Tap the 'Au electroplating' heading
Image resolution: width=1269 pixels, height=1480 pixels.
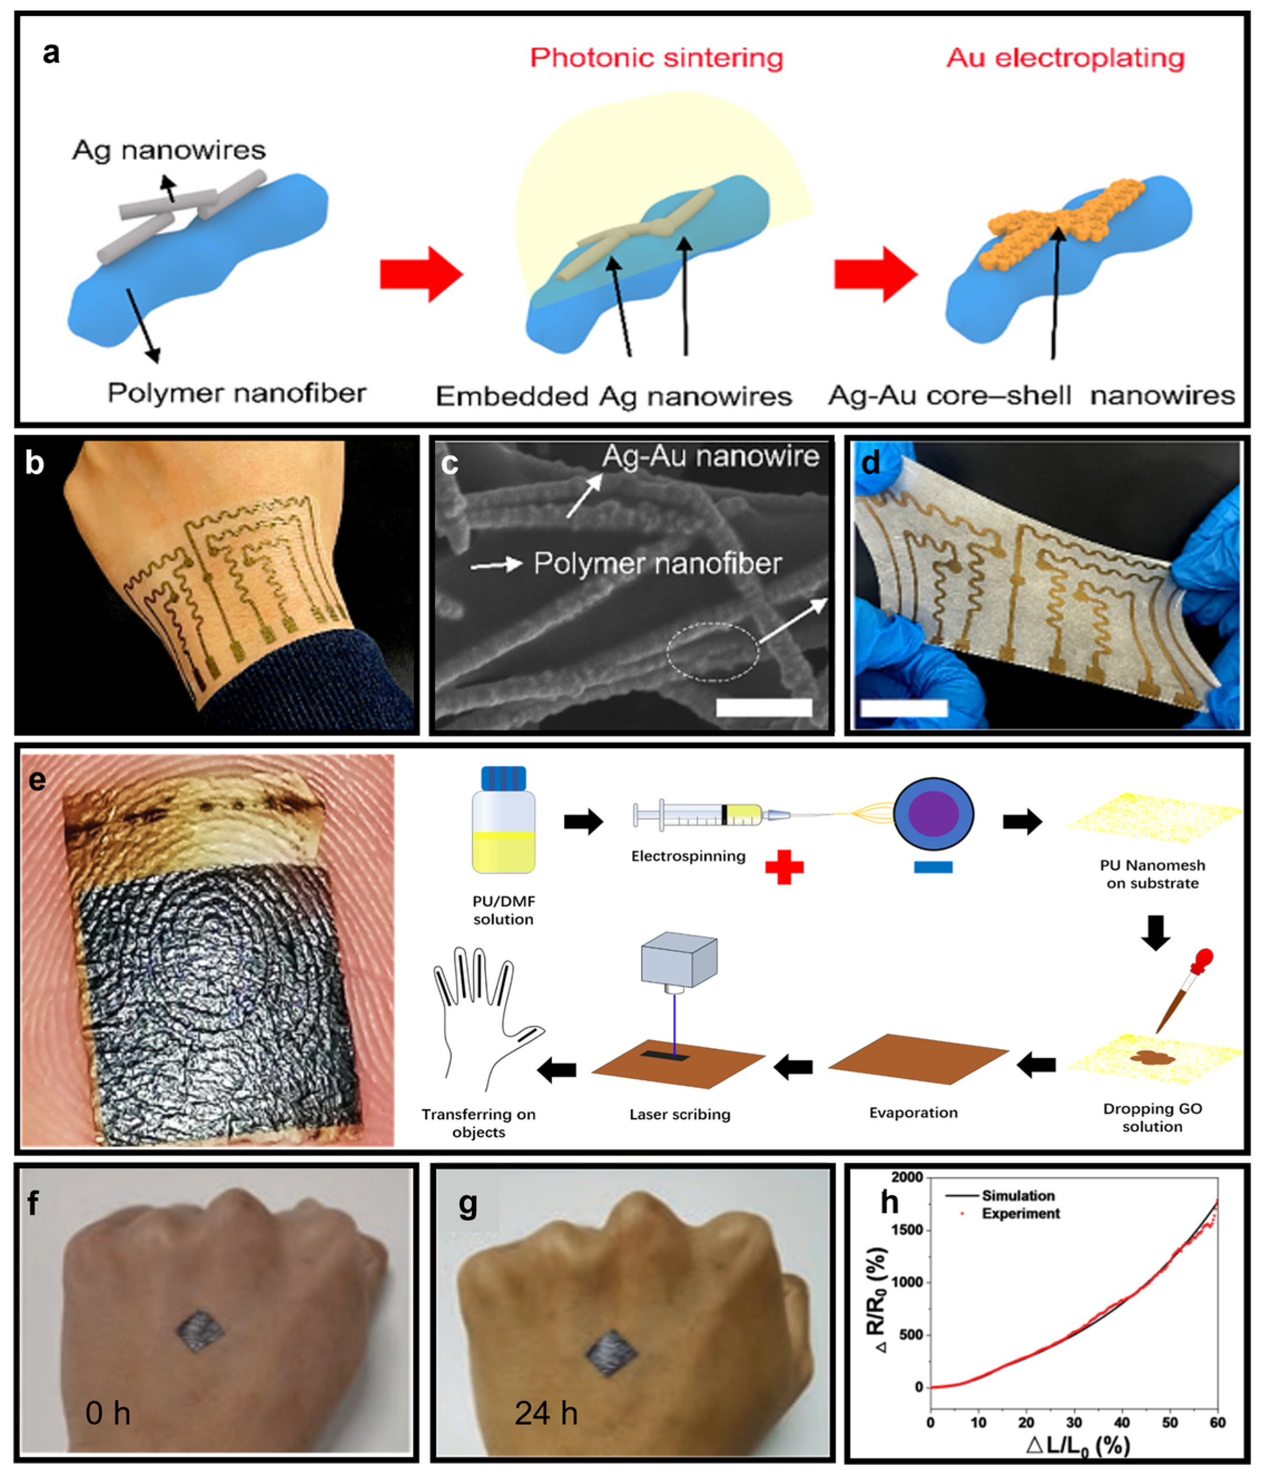coord(1065,58)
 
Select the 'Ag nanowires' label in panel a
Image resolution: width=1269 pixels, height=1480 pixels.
coord(169,150)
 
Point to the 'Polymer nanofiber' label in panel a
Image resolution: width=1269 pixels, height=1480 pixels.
coord(236,393)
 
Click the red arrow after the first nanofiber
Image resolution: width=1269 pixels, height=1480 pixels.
coord(421,274)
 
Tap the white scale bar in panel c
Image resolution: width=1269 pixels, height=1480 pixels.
coord(763,707)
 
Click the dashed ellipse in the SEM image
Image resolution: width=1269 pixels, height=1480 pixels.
coord(713,651)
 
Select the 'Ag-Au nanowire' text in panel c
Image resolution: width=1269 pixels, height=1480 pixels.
coord(710,456)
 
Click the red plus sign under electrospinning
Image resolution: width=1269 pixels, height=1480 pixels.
coord(784,867)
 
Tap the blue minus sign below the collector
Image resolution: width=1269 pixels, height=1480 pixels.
coord(932,867)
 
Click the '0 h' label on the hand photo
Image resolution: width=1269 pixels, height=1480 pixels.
coord(108,1413)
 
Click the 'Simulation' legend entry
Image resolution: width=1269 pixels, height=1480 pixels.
coord(1018,1196)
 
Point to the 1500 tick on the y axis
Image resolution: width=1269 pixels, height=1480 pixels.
coord(909,1231)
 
